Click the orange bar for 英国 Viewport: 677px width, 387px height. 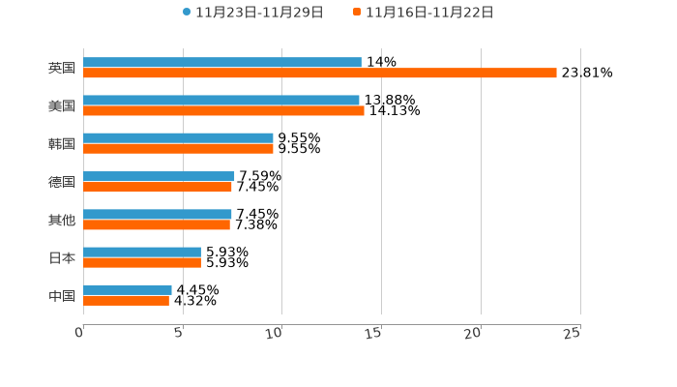[320, 74]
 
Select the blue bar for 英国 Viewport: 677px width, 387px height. [222, 63]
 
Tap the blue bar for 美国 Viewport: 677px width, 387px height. [221, 101]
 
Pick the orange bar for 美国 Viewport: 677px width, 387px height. [223, 111]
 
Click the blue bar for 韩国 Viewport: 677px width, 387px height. [178, 138]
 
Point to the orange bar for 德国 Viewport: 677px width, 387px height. [158, 187]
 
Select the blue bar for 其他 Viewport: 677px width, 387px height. [158, 215]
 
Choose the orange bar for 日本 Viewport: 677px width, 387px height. [142, 262]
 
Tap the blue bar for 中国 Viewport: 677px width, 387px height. [128, 290]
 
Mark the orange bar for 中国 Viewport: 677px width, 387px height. [126, 301]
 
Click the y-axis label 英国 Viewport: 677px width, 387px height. [62, 69]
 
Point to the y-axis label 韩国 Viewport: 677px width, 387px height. [62, 144]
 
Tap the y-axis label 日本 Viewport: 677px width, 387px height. [62, 258]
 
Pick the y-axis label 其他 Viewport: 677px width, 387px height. [62, 221]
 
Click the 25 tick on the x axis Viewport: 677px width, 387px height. [573, 333]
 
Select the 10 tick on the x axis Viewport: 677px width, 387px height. [275, 333]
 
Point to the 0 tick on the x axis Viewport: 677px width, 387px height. [79, 333]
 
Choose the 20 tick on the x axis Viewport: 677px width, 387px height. [473, 333]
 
